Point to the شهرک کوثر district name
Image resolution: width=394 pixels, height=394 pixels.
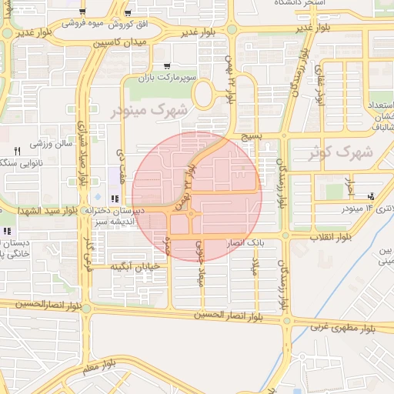coord(340,152)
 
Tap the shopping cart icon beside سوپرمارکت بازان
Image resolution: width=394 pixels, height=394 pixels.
coord(168,66)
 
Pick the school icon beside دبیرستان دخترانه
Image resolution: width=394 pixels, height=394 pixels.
coord(115,199)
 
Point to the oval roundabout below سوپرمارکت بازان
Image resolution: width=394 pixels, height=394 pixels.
coord(204,95)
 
